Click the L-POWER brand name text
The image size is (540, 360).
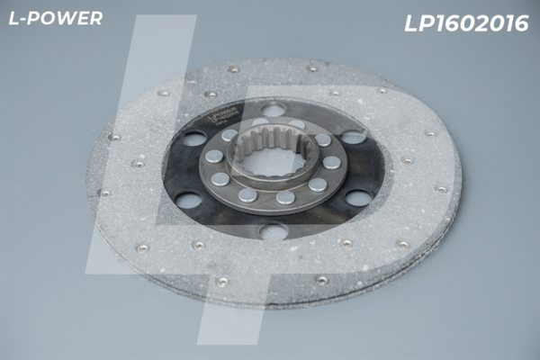55,19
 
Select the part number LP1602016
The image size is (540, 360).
465,24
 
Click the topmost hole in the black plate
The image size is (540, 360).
273,110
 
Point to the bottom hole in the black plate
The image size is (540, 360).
273,232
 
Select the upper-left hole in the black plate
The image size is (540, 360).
194,139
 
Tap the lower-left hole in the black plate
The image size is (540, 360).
190,200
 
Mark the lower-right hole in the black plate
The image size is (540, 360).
358,197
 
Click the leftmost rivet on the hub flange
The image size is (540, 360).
213,156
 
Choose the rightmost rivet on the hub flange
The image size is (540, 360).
332,163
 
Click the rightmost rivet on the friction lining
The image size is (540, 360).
440,189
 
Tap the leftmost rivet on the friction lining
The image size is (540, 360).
105,192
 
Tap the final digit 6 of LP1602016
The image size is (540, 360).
521,24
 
